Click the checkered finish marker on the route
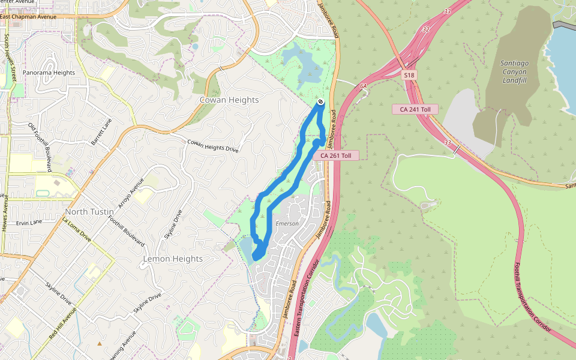click(321, 102)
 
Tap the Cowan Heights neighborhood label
click(229, 100)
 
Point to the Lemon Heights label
click(173, 259)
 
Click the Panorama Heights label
click(49, 73)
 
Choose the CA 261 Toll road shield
click(336, 155)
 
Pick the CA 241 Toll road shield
click(415, 109)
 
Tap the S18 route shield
click(409, 75)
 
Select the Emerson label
click(287, 224)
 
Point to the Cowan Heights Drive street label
click(213, 146)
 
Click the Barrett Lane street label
click(101, 131)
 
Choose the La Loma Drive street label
click(77, 230)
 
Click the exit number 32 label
click(426, 29)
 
